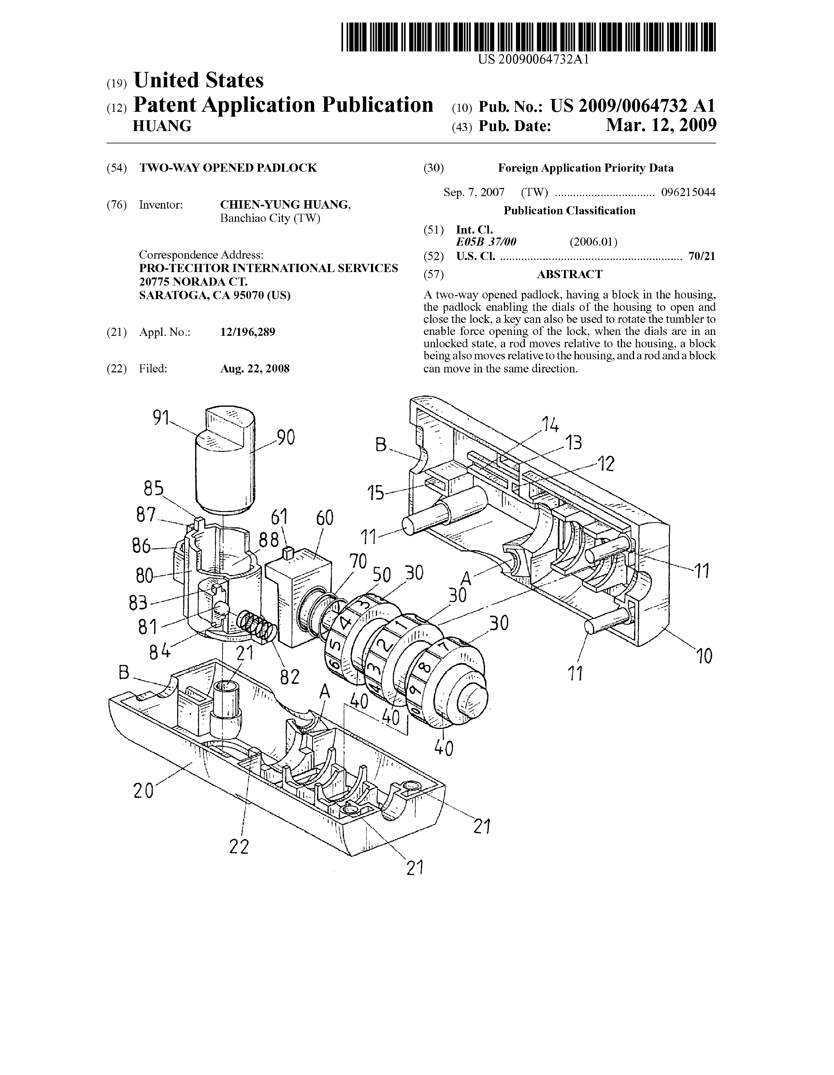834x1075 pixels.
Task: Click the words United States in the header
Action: tap(198, 80)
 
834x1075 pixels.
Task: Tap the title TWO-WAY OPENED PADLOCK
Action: tap(228, 168)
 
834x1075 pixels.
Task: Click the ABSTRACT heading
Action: tap(569, 274)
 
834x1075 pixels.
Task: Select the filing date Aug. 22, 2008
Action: tap(255, 369)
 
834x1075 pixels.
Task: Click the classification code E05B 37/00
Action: tap(486, 242)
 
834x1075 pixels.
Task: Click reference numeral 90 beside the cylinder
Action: tap(286, 437)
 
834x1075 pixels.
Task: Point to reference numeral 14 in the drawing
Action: tap(550, 424)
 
